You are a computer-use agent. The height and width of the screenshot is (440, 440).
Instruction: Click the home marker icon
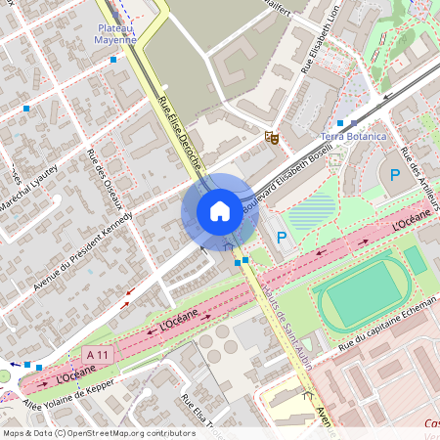[x=219, y=210]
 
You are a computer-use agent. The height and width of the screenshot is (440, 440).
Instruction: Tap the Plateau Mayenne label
[x=114, y=36]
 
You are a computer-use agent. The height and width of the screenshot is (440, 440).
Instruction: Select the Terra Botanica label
[x=354, y=138]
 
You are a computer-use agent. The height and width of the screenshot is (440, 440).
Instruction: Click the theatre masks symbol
[x=272, y=138]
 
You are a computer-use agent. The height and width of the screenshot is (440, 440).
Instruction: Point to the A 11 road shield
[x=96, y=353]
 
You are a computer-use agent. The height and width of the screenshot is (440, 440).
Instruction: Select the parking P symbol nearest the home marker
[x=282, y=238]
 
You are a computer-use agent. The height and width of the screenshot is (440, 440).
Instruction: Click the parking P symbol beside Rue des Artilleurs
[x=395, y=176]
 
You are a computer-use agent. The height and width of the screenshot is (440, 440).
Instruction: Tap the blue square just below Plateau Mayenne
[x=114, y=60]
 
